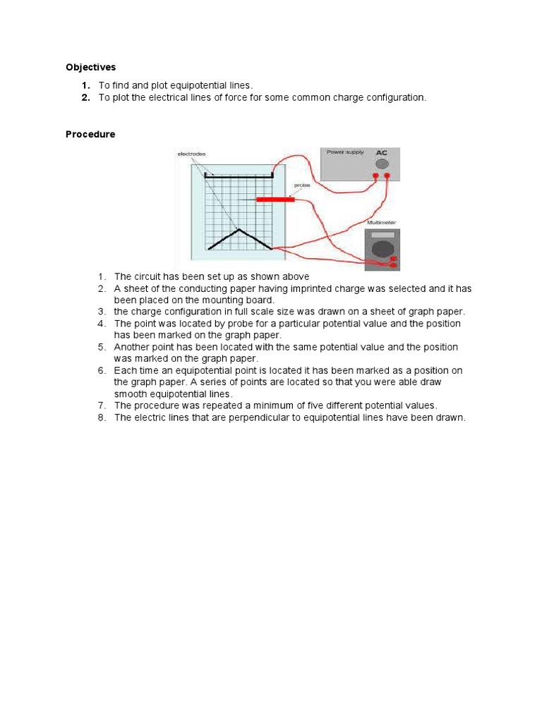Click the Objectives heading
click(x=90, y=68)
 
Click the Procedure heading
click(x=90, y=134)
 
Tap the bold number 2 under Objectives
click(x=85, y=98)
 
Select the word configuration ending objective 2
click(x=398, y=98)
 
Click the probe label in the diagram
click(x=301, y=186)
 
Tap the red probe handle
click(x=275, y=200)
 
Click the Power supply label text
click(x=344, y=152)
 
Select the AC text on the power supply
click(x=382, y=152)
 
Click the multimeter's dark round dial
click(x=382, y=249)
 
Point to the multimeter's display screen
click(x=382, y=235)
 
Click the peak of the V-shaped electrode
click(x=240, y=229)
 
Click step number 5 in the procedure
click(x=102, y=347)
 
